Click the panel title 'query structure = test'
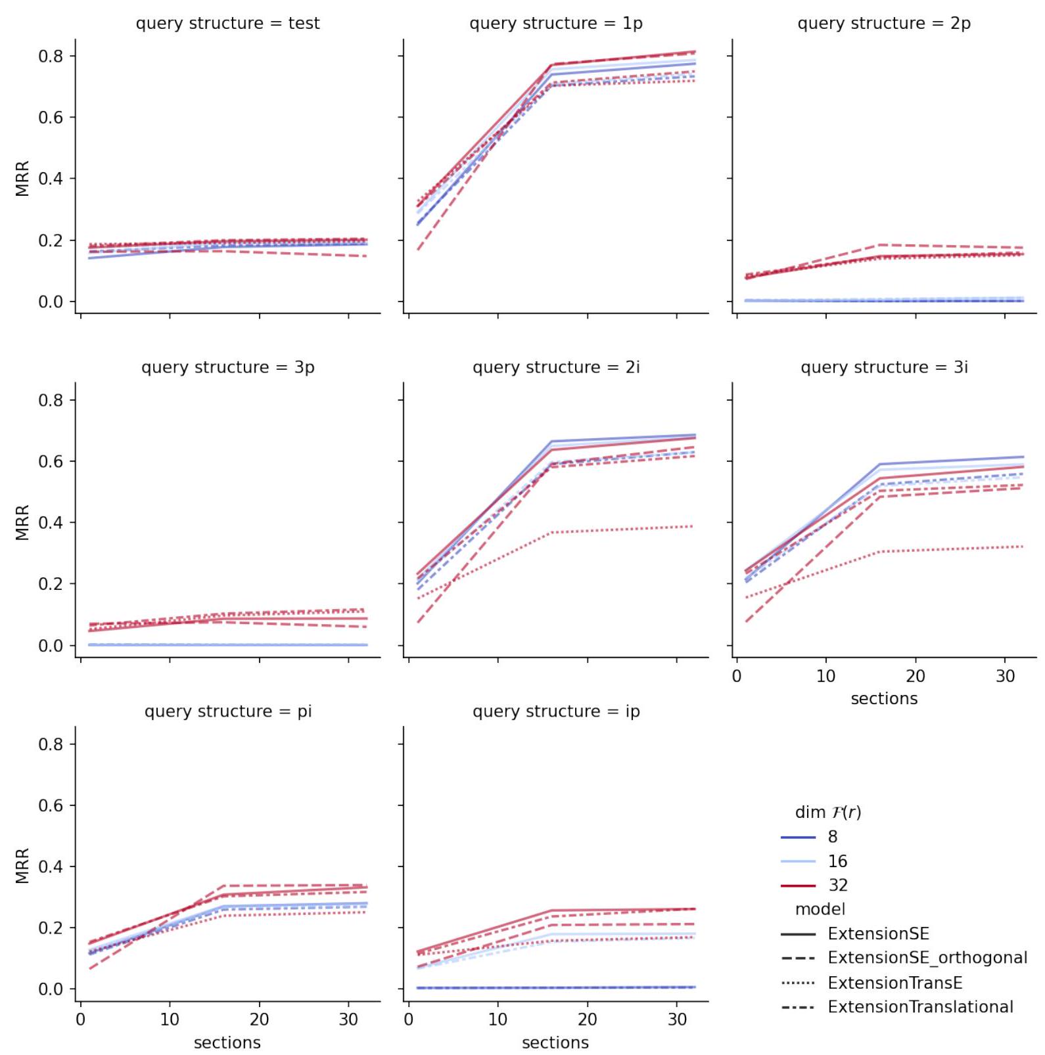click(x=227, y=24)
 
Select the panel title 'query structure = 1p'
click(x=555, y=24)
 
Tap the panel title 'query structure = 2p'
click(x=884, y=24)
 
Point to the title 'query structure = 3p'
click(x=227, y=367)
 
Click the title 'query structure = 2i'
click(x=555, y=367)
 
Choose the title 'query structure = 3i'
click(x=884, y=367)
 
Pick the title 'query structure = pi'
click(x=227, y=711)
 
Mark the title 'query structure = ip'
click(x=555, y=711)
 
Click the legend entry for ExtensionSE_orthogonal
click(x=927, y=958)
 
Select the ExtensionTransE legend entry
click(x=894, y=983)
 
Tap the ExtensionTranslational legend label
click(x=920, y=1007)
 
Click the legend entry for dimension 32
click(x=837, y=886)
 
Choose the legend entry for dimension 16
click(x=837, y=861)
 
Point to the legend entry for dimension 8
click(x=833, y=837)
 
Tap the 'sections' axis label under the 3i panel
click(x=884, y=699)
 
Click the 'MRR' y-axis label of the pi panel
click(x=22, y=866)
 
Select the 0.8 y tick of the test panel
click(x=51, y=56)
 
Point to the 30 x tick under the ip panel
click(x=677, y=1020)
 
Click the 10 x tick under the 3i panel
click(x=825, y=676)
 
